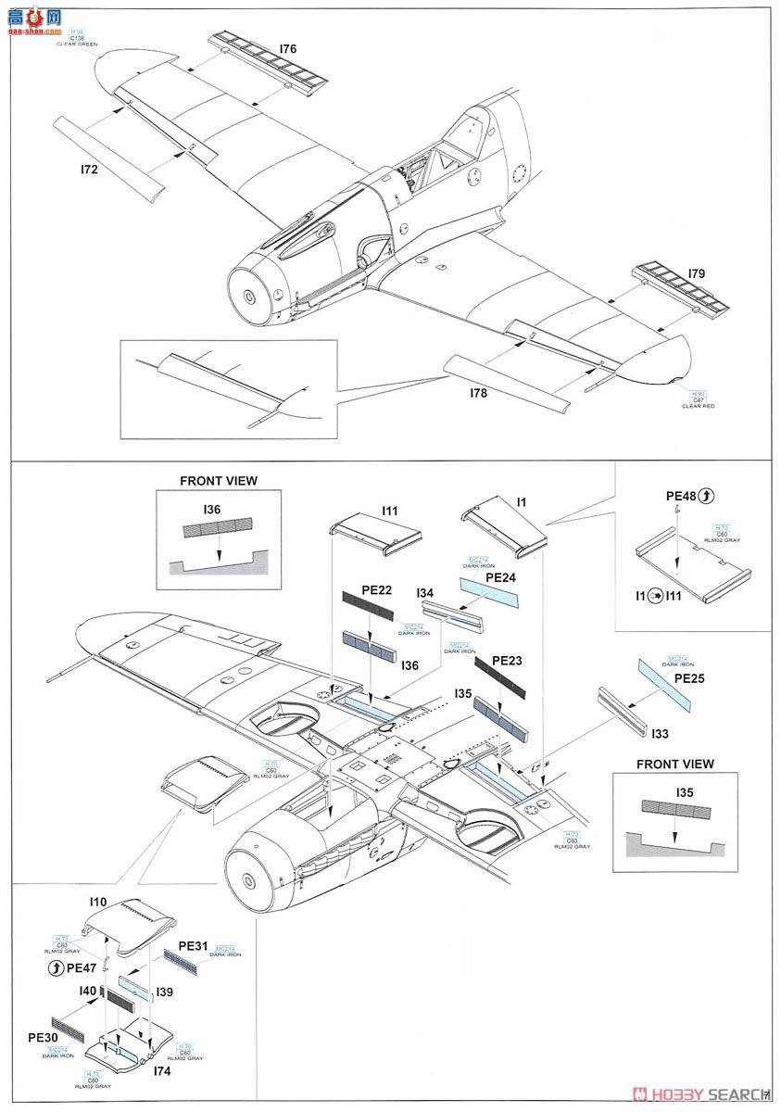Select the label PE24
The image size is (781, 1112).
coord(499,575)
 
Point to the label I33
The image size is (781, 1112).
coord(659,733)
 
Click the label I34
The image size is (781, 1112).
coord(425,592)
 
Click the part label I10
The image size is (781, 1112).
coord(99,902)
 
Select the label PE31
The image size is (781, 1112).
coord(193,945)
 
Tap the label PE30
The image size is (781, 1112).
coord(44,1038)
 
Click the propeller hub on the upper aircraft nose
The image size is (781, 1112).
coord(251,296)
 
